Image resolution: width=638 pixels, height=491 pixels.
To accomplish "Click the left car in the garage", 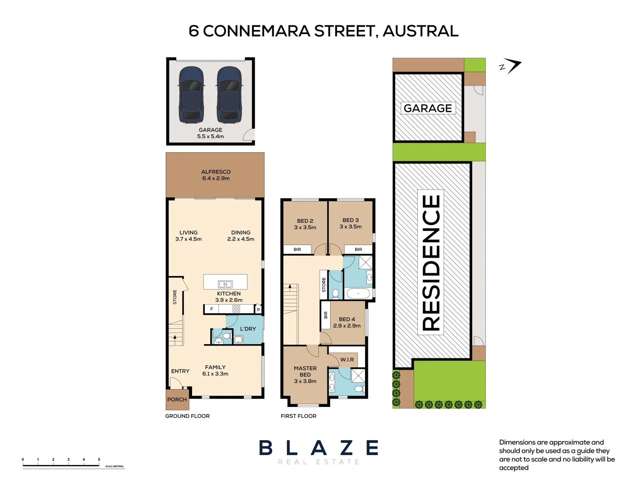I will [x=191, y=95].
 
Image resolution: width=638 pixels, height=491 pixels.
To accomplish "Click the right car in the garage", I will [x=229, y=95].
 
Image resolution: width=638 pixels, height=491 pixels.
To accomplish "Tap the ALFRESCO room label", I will [x=216, y=172].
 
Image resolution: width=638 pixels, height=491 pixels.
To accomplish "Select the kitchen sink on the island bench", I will [x=225, y=285].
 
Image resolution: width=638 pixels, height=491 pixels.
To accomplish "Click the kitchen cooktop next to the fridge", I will [x=236, y=309].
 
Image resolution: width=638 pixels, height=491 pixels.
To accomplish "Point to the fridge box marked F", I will [x=212, y=309].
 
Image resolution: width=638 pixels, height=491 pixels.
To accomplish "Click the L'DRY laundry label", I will [x=248, y=329].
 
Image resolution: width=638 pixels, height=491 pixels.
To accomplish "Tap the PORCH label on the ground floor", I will [x=177, y=400].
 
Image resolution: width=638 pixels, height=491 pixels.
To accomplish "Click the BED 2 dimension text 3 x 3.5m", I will [x=305, y=227].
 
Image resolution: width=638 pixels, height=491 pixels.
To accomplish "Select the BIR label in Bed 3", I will [x=358, y=249].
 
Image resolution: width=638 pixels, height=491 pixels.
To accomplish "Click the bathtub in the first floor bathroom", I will [x=358, y=294].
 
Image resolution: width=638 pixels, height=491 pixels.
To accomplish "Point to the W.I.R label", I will [x=347, y=360].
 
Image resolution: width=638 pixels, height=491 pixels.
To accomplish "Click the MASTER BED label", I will [x=305, y=371].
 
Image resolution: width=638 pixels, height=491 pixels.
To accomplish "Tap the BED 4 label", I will [x=347, y=319].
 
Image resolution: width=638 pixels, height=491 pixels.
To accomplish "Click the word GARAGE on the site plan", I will [x=428, y=108].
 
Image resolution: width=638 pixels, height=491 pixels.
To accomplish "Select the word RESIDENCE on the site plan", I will [x=431, y=263].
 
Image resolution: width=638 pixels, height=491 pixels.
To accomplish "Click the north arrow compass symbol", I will [x=511, y=67].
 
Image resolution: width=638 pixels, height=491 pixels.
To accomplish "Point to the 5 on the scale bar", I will [x=99, y=460].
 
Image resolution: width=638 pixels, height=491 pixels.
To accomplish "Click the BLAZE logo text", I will [x=318, y=448].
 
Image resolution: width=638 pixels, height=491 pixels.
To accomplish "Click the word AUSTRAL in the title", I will [x=420, y=31].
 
